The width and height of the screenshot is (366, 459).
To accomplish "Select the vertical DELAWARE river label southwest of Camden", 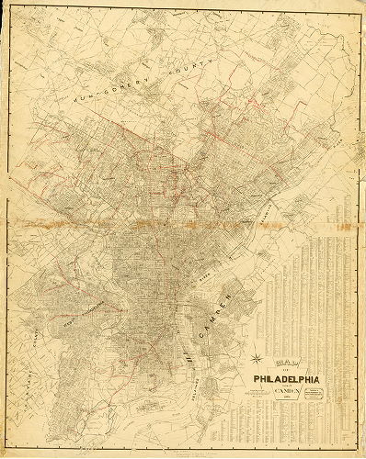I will pos(185,372).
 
